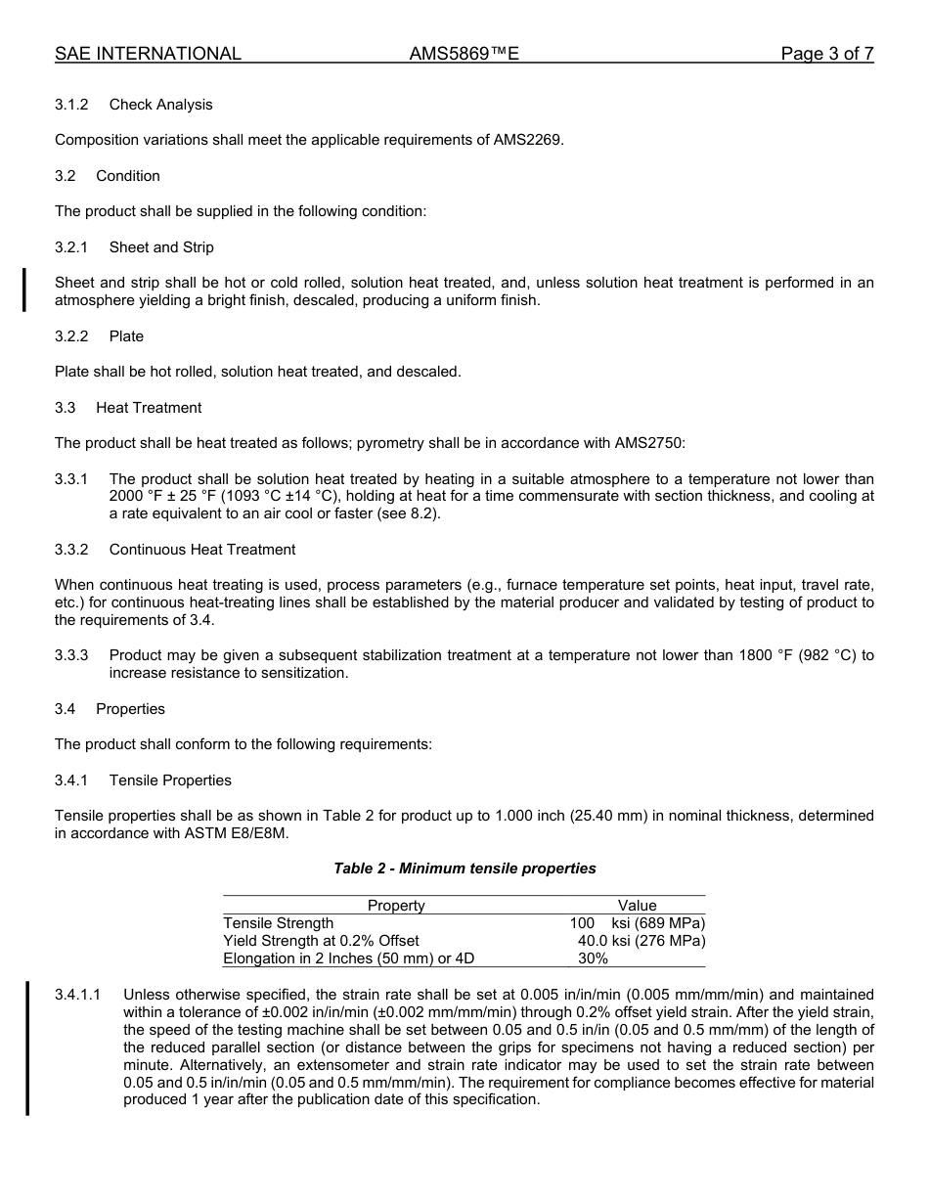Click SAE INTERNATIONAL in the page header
148,54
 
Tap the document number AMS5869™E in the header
464,54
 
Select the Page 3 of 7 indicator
826,54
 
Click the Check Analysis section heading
160,105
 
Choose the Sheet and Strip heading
161,247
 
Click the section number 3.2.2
71,336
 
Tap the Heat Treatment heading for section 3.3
149,408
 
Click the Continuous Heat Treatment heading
202,550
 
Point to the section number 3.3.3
71,655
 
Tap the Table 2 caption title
464,869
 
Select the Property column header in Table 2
396,906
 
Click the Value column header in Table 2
637,906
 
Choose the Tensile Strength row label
279,923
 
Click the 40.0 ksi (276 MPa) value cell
641,941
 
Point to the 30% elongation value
593,958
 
